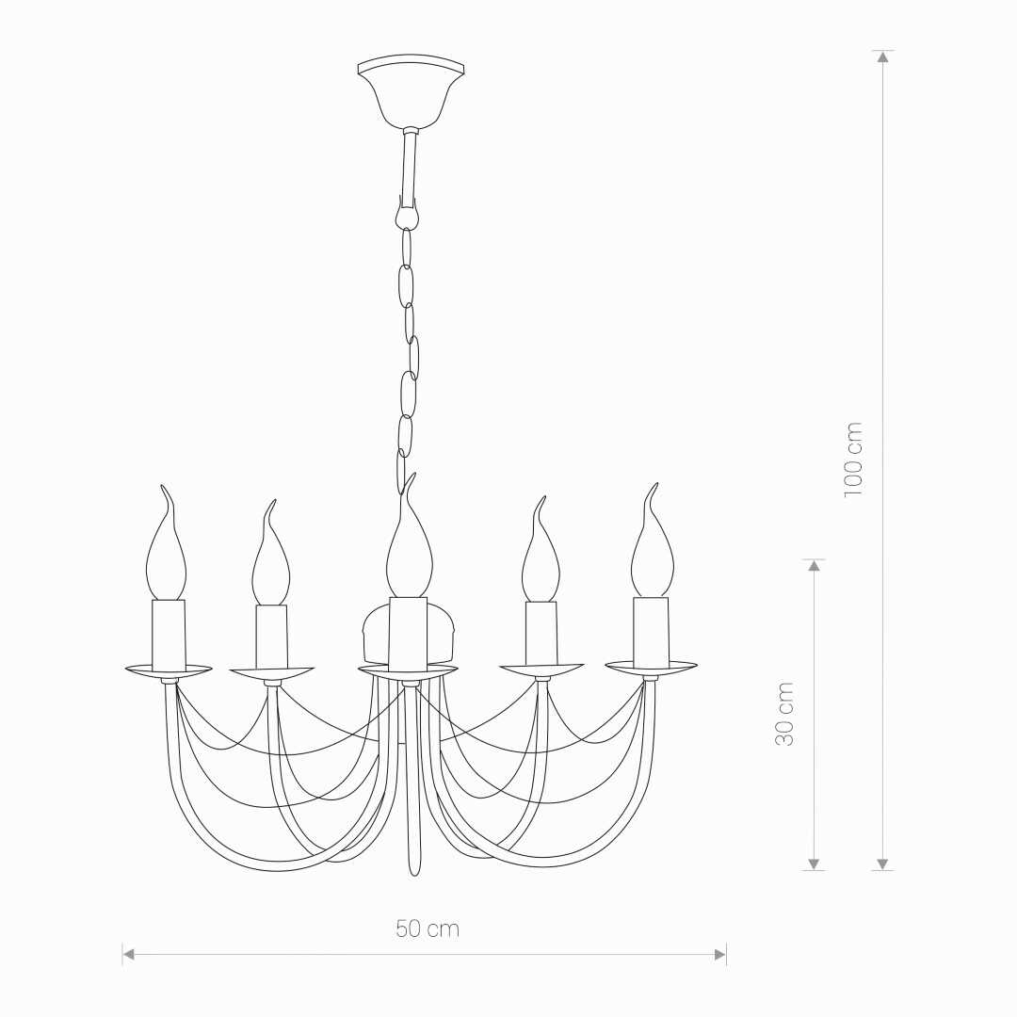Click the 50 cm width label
[428, 928]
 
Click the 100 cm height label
[853, 460]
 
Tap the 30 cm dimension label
[784, 714]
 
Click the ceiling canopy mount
[412, 90]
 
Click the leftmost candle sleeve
[169, 635]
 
